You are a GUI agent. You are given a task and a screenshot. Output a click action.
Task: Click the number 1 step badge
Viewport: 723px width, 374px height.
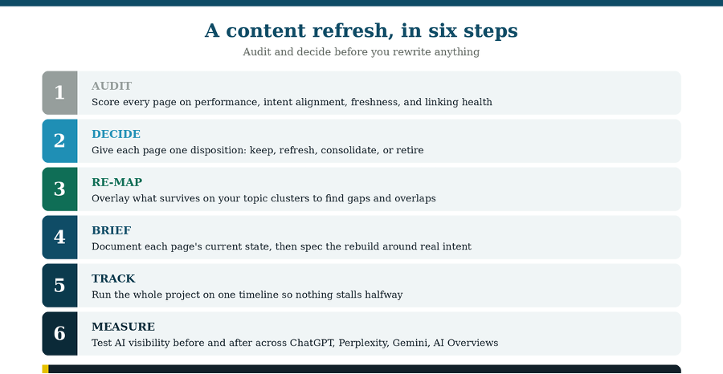tap(60, 92)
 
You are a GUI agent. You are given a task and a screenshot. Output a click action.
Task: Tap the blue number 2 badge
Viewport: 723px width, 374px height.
tap(60, 141)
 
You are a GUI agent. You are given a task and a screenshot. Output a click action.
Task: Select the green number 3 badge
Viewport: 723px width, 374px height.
tap(60, 189)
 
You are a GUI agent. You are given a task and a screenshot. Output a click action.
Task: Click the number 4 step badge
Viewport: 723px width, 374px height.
tap(60, 238)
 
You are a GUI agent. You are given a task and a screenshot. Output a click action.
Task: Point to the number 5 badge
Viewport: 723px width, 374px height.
tap(60, 285)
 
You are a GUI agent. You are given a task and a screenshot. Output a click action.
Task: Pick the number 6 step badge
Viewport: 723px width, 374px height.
tap(60, 333)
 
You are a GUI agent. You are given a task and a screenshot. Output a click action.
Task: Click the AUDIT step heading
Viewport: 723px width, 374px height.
tap(112, 86)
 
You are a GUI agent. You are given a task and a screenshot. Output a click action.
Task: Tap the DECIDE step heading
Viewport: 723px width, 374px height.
tap(116, 134)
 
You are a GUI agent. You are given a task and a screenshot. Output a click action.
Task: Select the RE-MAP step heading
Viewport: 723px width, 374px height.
tap(116, 182)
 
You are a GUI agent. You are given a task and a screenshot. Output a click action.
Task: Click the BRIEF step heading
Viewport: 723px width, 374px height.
tap(111, 230)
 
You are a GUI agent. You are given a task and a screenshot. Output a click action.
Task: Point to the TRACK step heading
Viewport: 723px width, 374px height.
tap(113, 278)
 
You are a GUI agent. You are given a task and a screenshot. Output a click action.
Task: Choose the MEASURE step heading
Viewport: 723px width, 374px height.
tap(123, 327)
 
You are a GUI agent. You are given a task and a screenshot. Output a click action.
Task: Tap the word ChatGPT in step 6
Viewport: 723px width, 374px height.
tap(311, 343)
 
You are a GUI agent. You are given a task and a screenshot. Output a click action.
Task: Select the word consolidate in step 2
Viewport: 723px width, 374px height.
tap(349, 150)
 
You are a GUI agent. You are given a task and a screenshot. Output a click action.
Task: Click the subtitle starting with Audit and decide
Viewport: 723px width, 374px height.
tap(361, 51)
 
